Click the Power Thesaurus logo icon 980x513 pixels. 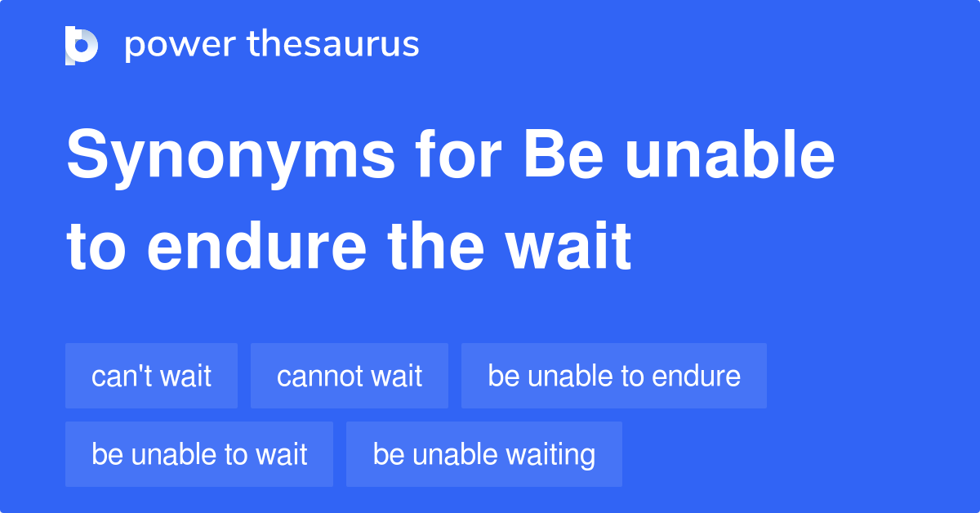82,45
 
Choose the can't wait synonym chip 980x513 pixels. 151,376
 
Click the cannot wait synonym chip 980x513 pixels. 349,376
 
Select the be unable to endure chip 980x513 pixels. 613,376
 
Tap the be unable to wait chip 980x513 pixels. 199,454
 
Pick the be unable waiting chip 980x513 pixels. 483,454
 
